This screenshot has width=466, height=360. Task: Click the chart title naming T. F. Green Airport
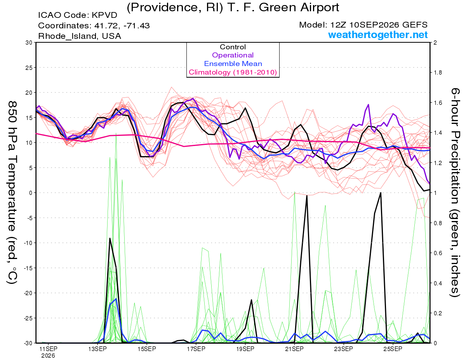click(x=233, y=7)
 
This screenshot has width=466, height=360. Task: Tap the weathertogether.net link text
click(x=378, y=35)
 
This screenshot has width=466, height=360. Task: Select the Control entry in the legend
click(x=233, y=47)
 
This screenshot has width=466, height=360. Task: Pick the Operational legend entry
click(x=233, y=55)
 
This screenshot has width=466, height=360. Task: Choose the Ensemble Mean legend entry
click(x=233, y=64)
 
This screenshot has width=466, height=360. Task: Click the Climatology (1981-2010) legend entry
click(x=233, y=72)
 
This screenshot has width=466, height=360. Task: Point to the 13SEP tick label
click(x=97, y=349)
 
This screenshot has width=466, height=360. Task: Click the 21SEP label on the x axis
click(x=294, y=349)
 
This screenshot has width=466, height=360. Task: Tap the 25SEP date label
click(x=393, y=349)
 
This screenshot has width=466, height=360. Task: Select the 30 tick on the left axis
click(x=29, y=43)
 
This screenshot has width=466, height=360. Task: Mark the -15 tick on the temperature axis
click(x=28, y=268)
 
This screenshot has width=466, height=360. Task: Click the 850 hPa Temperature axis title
click(x=12, y=193)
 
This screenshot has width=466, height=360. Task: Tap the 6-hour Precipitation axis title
click(x=455, y=193)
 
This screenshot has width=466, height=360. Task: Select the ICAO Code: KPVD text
click(x=78, y=15)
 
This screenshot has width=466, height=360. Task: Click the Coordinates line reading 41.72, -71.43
click(x=94, y=26)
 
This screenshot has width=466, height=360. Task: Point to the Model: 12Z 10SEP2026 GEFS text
click(x=363, y=25)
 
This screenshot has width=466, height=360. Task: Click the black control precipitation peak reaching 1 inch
click(x=381, y=193)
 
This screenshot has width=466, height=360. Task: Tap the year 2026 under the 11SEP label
click(x=48, y=356)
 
